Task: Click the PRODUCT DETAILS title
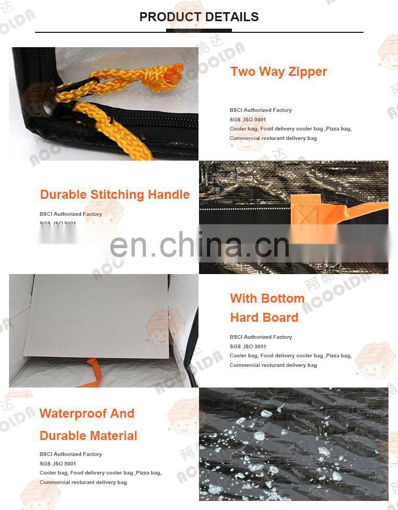199,17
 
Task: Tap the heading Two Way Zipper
279,72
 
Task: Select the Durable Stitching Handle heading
115,195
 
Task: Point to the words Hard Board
264,318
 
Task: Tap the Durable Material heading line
88,436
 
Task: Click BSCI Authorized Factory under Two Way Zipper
261,110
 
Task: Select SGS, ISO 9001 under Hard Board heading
248,346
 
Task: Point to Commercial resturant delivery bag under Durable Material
83,482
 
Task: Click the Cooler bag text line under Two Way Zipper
290,129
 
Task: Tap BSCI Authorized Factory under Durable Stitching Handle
71,214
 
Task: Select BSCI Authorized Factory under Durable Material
71,454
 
